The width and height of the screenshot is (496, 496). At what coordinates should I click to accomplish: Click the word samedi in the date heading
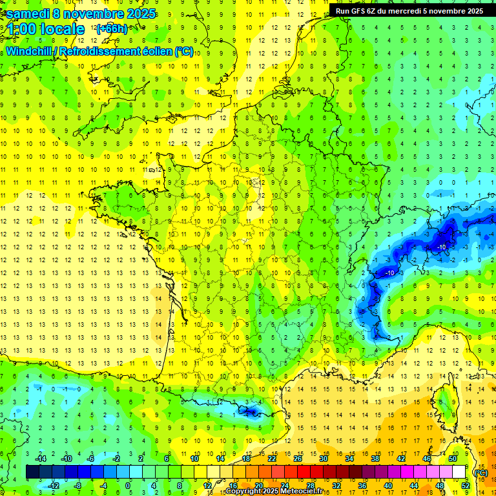coord(26,13)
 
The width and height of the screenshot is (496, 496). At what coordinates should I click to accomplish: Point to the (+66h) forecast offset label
coord(111,29)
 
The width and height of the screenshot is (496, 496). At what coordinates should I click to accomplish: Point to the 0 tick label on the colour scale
coord(128,485)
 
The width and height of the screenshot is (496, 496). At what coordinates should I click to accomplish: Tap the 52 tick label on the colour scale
coord(466,485)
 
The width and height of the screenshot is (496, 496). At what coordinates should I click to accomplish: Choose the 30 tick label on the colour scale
coord(324,458)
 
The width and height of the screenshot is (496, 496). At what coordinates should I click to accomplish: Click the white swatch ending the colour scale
coord(459,471)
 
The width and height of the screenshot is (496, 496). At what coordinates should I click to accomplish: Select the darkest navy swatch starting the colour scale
coord(32,471)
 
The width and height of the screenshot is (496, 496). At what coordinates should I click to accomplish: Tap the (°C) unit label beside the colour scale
coord(480,472)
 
